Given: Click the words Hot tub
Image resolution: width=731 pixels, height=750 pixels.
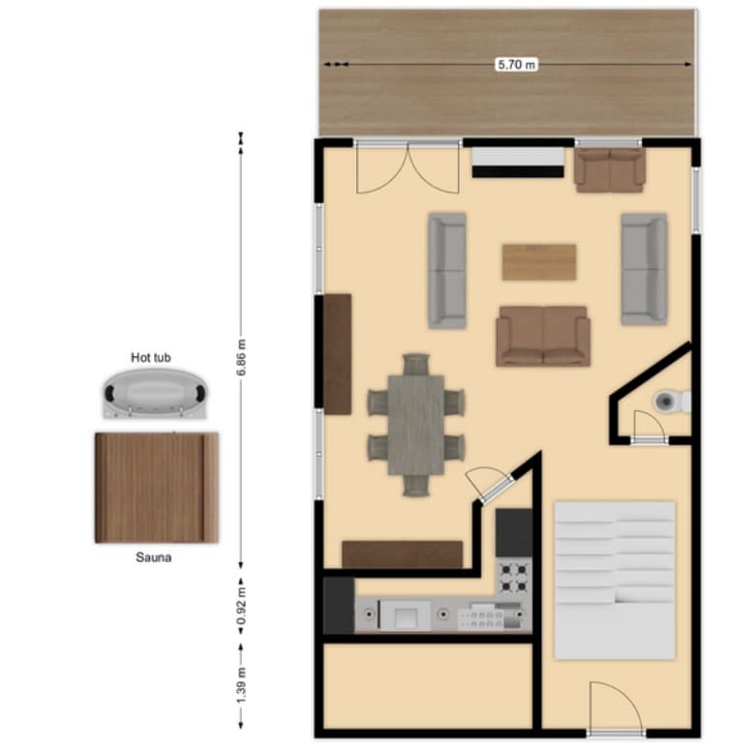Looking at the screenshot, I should pyautogui.click(x=151, y=358).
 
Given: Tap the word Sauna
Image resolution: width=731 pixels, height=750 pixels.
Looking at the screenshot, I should pyautogui.click(x=155, y=558).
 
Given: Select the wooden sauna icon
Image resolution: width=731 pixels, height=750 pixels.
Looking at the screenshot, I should pyautogui.click(x=156, y=487).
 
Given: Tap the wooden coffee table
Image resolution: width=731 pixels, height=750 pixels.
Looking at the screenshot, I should pyautogui.click(x=539, y=261).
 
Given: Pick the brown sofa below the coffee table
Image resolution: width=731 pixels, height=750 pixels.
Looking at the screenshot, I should pyautogui.click(x=542, y=336).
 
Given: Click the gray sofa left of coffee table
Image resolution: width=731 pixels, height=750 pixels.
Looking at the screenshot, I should pyautogui.click(x=447, y=270).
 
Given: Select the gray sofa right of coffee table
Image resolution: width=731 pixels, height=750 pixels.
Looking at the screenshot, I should pyautogui.click(x=644, y=268).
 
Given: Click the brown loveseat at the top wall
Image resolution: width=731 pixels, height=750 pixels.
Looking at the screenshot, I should pyautogui.click(x=609, y=169).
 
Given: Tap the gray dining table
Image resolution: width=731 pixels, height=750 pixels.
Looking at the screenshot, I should pyautogui.click(x=416, y=424).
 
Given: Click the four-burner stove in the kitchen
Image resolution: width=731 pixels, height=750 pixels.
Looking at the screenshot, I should pyautogui.click(x=514, y=577).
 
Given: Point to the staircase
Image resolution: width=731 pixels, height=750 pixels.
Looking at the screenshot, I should pyautogui.click(x=614, y=578).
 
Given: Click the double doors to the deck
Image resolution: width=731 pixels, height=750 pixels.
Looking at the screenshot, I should pyautogui.click(x=408, y=168).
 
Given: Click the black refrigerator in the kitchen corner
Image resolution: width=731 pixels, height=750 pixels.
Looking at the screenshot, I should pyautogui.click(x=338, y=605).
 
